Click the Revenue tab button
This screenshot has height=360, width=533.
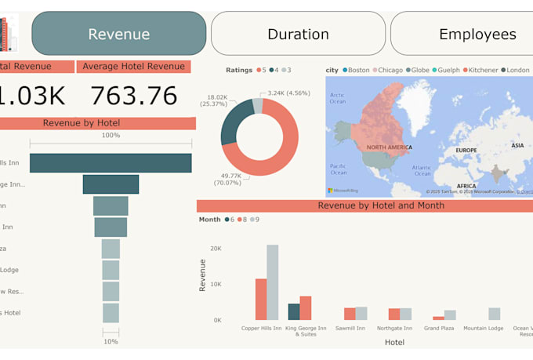119,34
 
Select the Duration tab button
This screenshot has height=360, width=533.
298,34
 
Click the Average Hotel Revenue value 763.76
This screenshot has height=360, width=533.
134,95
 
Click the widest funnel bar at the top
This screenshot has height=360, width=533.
111,163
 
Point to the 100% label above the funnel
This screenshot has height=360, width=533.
111,136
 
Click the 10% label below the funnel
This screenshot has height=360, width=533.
111,341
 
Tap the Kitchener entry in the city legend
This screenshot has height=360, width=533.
480,70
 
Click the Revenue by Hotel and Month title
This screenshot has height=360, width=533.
380,205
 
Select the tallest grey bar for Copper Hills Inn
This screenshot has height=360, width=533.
272,282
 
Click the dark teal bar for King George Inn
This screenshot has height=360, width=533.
294,311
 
